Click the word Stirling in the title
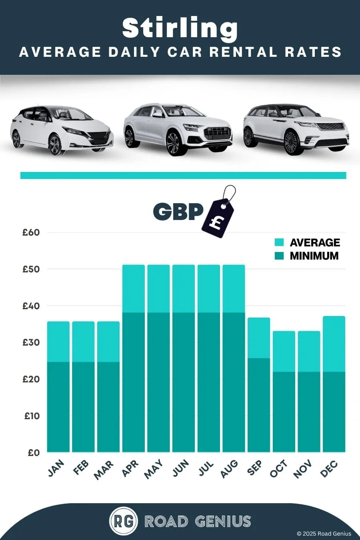point(180,29)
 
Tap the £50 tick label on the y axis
point(31,269)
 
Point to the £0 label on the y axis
point(34,453)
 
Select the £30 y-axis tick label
point(31,342)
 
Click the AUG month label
point(229,469)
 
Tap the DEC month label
point(329,469)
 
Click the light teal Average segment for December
point(334,344)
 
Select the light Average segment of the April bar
point(134,289)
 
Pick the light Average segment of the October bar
point(284,352)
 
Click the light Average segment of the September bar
point(259,338)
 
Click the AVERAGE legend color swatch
point(279,242)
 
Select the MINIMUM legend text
point(314,256)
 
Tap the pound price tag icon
point(218,212)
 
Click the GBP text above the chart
point(178,212)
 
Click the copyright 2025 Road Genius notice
point(324,534)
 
